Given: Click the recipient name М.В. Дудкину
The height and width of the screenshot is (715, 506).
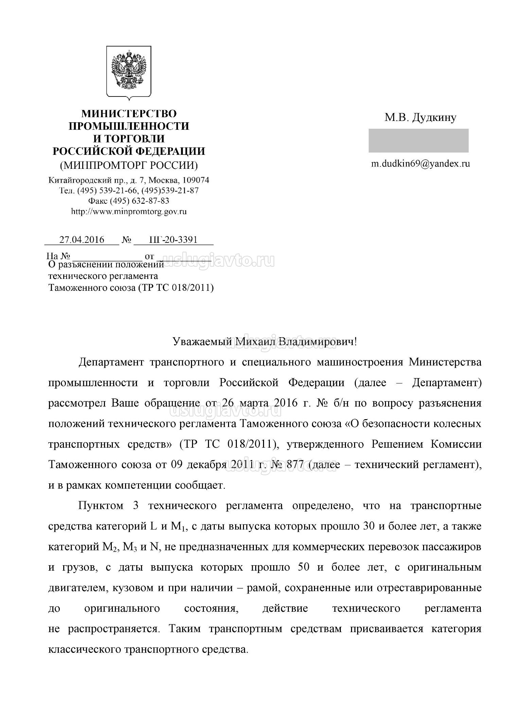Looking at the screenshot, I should (420, 118).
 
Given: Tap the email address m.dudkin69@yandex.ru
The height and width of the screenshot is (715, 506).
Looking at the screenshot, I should (420, 164).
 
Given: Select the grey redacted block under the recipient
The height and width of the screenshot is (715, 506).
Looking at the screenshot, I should (418, 140).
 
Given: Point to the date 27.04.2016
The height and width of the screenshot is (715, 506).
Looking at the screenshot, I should (82, 239).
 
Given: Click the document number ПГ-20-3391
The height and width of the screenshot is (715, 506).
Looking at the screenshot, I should (173, 239).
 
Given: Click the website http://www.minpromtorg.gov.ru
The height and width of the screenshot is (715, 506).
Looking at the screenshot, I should (129, 211).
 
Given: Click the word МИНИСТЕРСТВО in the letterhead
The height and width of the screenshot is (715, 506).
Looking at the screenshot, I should (129, 113).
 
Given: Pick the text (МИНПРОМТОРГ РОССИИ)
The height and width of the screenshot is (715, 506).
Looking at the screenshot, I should (129, 165).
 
